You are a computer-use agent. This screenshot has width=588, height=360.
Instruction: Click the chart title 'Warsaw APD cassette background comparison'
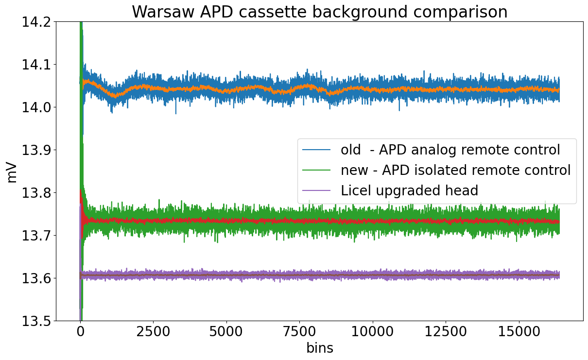[319, 12]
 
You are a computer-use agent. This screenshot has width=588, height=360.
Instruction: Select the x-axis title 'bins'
[319, 348]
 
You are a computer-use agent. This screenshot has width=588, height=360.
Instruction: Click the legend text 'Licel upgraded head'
[410, 190]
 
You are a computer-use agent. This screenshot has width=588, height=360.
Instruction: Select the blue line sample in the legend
[316, 150]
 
